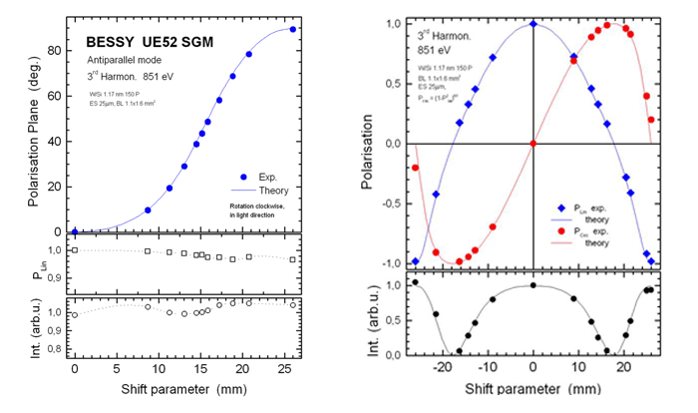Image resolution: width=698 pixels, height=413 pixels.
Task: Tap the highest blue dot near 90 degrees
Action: pyautogui.click(x=292, y=29)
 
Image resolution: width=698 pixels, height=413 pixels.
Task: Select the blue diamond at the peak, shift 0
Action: pyautogui.click(x=533, y=23)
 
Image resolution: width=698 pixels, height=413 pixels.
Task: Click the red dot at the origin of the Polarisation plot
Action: pyautogui.click(x=533, y=144)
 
